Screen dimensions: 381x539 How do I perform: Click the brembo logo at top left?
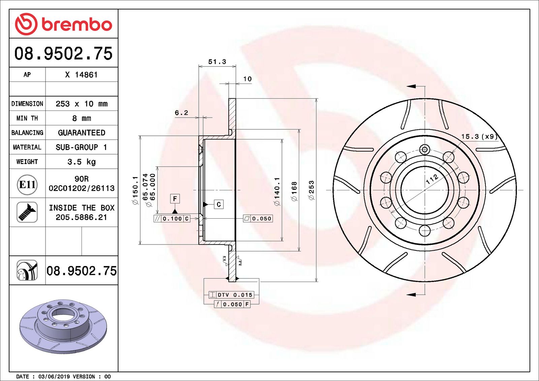tap(63, 24)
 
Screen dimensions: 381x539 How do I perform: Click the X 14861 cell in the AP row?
tap(81, 75)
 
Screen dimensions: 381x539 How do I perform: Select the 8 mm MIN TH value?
tap(82, 118)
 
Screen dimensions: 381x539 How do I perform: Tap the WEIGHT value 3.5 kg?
tap(82, 162)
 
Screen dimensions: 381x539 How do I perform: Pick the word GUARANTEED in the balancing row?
tap(82, 133)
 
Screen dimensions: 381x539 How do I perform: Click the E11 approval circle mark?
tap(27, 185)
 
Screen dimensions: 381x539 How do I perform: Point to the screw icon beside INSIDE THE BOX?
tap(27, 212)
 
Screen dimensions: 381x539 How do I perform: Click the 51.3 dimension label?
tap(217, 62)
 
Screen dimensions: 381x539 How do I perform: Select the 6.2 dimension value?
tap(181, 113)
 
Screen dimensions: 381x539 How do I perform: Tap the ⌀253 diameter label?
tap(312, 190)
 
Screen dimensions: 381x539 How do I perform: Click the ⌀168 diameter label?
tap(294, 191)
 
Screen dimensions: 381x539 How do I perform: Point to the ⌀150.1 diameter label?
tap(135, 190)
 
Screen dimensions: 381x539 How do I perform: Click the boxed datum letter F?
tap(175, 199)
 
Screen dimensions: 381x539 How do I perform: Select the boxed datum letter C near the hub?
tap(219, 204)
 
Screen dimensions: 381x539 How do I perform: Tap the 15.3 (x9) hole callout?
tap(479, 136)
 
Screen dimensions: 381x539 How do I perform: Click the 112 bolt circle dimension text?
tap(432, 179)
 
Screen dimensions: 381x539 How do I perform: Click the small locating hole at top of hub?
tap(424, 149)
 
